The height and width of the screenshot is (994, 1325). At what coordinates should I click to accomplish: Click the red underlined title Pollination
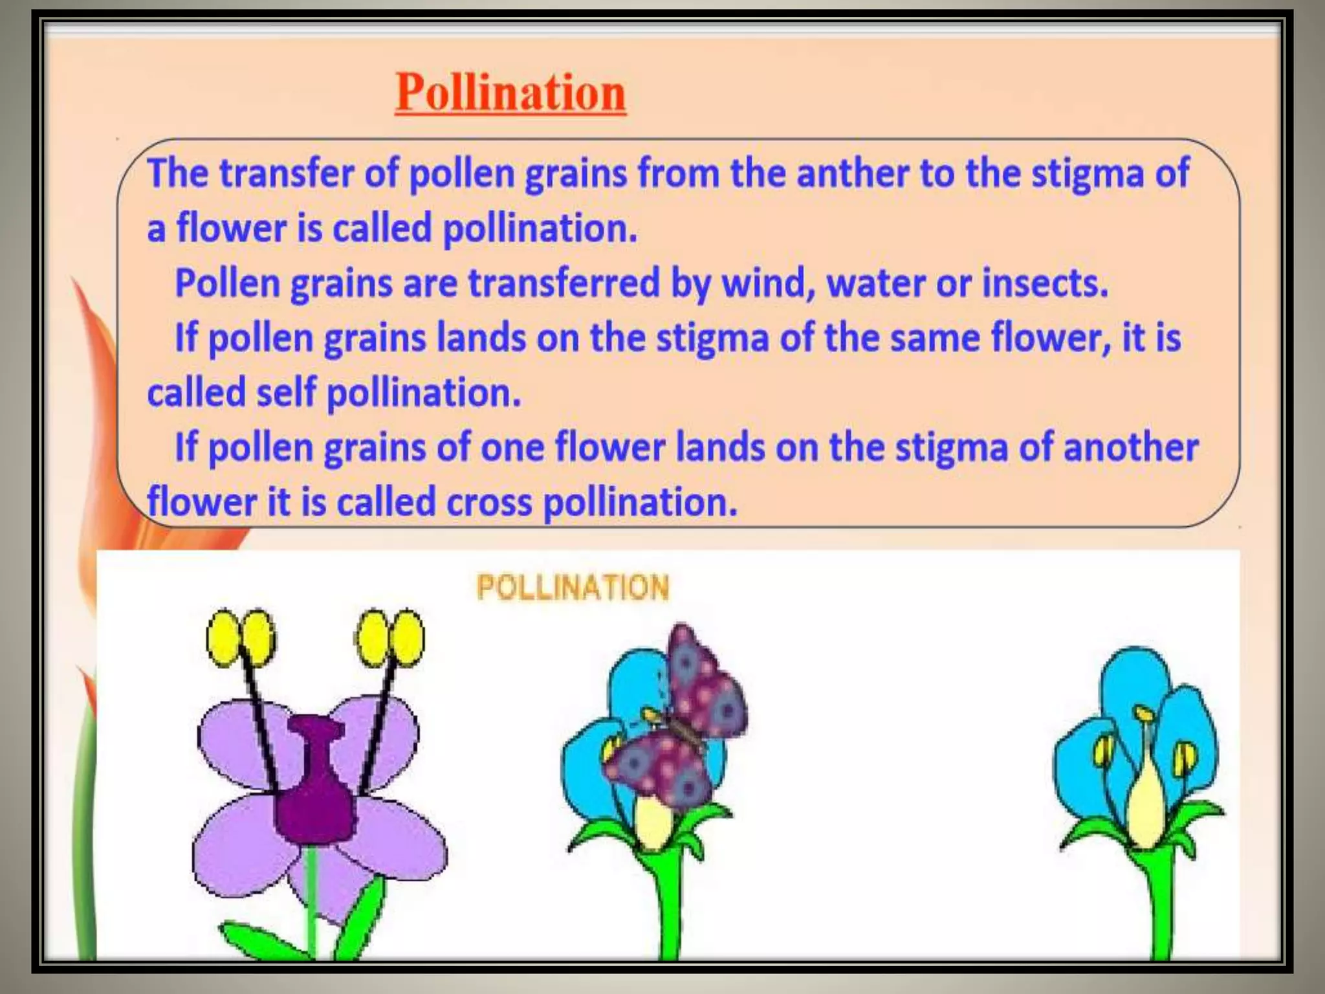510,93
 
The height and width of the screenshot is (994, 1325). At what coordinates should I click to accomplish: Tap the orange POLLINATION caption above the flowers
573,588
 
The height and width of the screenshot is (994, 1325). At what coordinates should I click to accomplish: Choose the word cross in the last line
489,502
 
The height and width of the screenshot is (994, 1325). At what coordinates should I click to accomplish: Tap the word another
1130,448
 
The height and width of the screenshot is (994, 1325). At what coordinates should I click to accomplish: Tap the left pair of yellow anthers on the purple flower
240,637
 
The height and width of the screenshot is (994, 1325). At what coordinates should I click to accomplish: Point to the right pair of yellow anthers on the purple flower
391,637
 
